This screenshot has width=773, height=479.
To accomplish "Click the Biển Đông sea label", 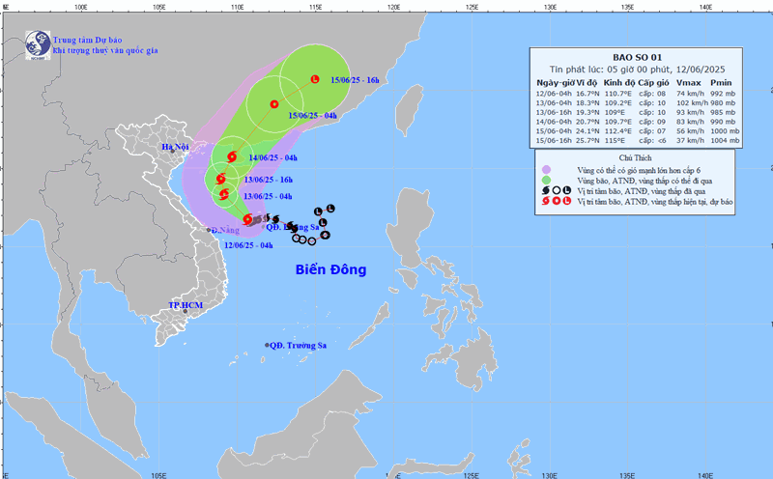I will (330, 269).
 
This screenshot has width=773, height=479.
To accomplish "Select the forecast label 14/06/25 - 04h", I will (272, 157).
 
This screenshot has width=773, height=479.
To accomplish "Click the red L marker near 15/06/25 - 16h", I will (315, 78).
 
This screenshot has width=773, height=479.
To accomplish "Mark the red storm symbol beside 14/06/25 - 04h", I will (231, 156).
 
